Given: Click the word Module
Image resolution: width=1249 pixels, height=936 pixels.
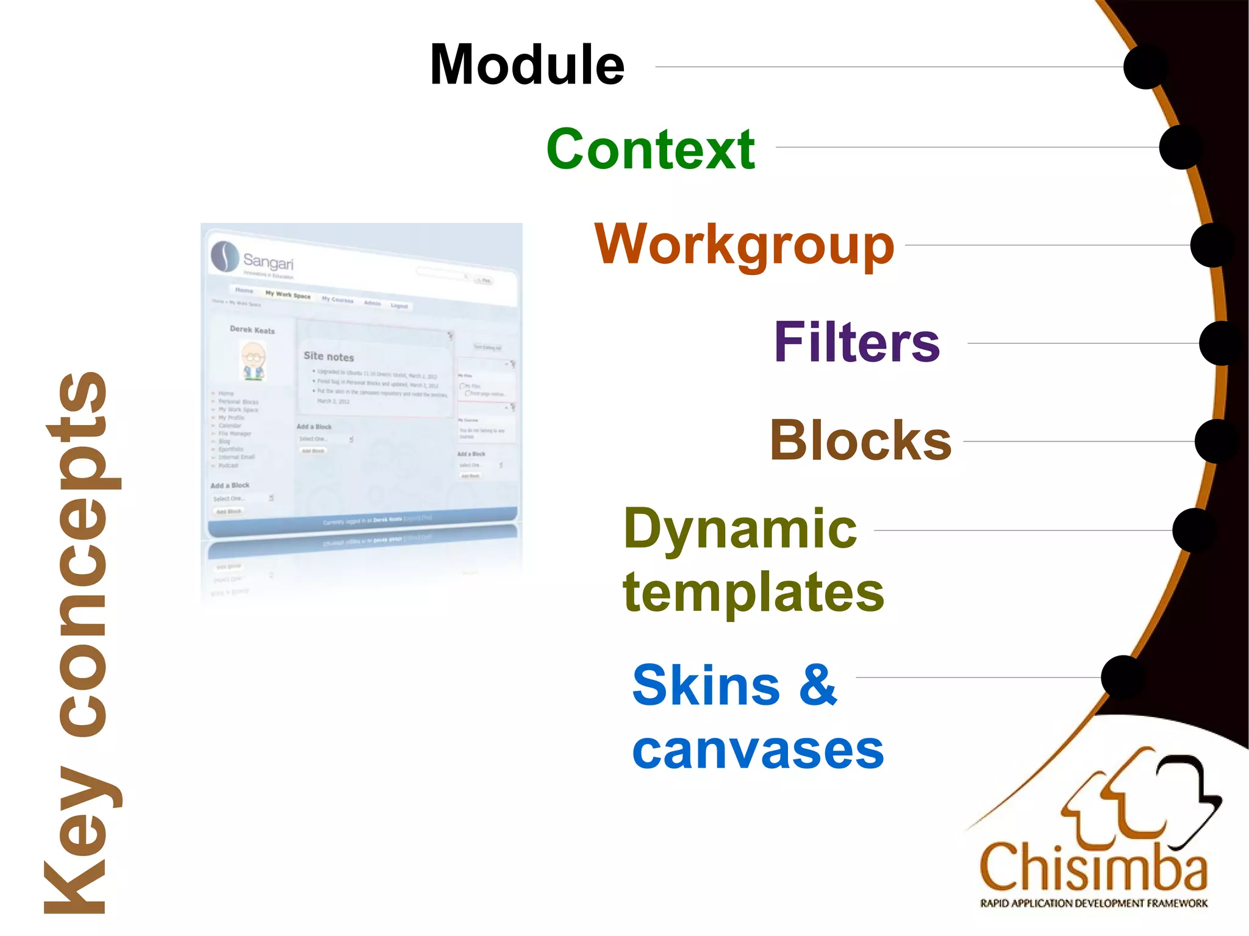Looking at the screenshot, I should click(x=527, y=65).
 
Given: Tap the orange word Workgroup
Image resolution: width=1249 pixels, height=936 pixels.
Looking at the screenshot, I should click(x=744, y=245).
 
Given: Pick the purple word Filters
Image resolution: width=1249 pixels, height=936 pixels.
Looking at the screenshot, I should click(x=856, y=343).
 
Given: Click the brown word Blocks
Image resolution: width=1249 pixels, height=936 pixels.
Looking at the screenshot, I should click(x=861, y=440).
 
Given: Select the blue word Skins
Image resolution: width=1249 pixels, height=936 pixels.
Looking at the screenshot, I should click(x=706, y=685).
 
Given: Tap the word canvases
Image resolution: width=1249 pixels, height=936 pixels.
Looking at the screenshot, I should click(x=757, y=751).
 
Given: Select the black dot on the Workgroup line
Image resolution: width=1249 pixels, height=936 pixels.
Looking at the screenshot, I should click(x=1212, y=245).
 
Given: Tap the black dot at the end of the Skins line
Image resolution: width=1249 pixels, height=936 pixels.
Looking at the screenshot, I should click(x=1123, y=677).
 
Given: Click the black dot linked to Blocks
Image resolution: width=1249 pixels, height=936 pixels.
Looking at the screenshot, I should click(x=1216, y=441).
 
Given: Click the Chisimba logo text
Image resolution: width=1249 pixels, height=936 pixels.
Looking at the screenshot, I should click(x=1093, y=867).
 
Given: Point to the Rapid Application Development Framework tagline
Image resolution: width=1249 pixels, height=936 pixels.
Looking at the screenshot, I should click(x=1093, y=903).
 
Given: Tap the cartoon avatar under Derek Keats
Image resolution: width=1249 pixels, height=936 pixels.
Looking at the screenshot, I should click(x=254, y=361).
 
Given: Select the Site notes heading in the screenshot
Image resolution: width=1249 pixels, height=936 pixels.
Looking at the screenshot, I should click(x=329, y=356).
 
